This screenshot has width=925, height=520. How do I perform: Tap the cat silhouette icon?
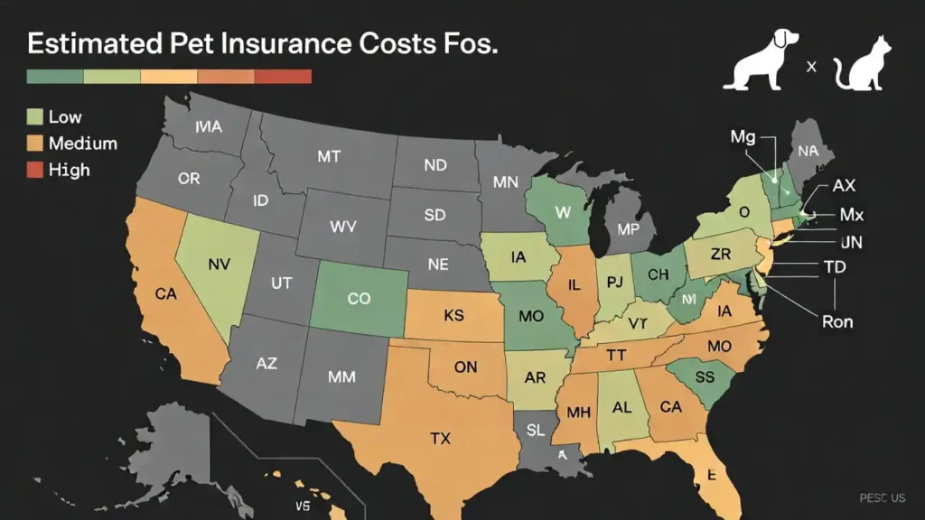pos(861,65)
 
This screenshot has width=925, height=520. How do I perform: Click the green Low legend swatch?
pos(35,116)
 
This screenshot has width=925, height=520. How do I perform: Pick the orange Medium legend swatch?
pos(35,143)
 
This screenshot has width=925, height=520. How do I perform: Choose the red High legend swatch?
pos(35,169)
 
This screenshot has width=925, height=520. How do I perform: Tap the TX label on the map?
pos(440,439)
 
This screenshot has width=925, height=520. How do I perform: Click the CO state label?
pos(359,298)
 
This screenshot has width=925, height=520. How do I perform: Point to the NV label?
pos(220,265)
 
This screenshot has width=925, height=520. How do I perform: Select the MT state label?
pos(329,156)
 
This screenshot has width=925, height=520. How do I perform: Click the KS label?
pos(453,317)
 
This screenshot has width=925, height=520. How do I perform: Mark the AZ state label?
pos(266,364)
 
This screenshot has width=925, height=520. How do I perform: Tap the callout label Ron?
pos(836,320)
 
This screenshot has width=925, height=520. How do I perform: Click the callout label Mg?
pos(743,136)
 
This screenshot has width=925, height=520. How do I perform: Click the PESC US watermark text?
pos(882,497)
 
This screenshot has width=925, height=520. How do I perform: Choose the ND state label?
pos(434,166)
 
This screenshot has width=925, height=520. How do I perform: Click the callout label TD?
pos(835,268)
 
